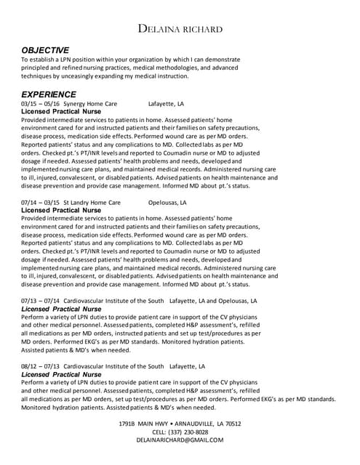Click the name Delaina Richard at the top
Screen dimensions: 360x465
[x=180, y=28]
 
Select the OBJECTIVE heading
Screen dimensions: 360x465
[x=45, y=49]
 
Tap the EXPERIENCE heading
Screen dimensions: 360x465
[x=48, y=94]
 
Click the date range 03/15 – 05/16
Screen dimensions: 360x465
[x=41, y=104]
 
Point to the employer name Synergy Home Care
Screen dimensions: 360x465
[x=90, y=104]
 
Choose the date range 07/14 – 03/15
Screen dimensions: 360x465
[x=41, y=203]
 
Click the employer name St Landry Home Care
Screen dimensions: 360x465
[x=92, y=203]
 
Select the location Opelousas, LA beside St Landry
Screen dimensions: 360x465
[x=168, y=203]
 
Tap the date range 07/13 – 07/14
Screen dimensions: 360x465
[x=41, y=301]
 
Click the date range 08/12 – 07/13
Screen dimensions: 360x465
[x=41, y=366]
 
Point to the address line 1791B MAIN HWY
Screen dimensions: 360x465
[x=180, y=424]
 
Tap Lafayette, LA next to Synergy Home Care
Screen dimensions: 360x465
[x=167, y=104]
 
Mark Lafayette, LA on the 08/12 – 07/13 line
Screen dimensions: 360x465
[x=188, y=366]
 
